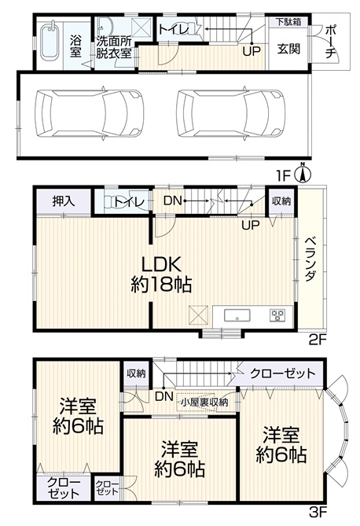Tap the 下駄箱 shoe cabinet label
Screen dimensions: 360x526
tap(288, 22)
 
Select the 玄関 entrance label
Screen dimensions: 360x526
tap(288, 49)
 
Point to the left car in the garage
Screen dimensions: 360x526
tap(89, 113)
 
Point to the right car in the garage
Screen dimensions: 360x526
tap(230, 113)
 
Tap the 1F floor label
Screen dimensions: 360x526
tap(283, 175)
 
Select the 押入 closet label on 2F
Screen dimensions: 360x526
tap(64, 201)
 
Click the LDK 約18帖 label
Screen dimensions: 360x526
tap(161, 274)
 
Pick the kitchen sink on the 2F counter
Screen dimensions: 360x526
tap(237, 316)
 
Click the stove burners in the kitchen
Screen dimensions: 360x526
tap(277, 315)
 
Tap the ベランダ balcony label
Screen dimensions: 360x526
tap(310, 259)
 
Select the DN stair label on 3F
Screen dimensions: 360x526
tap(163, 396)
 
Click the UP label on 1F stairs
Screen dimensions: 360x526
tap(252, 51)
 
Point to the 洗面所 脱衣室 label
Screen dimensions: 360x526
tap(113, 47)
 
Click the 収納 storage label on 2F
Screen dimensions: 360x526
tap(281, 201)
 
